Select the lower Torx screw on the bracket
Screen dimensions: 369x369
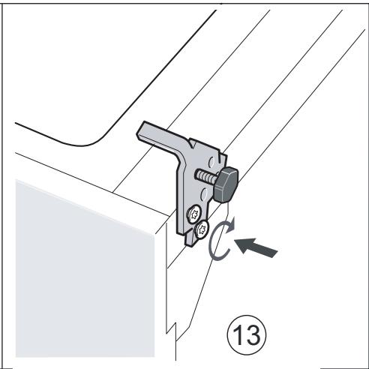click(201, 229)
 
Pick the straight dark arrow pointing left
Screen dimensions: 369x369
click(255, 247)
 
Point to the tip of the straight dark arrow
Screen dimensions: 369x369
click(235, 242)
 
